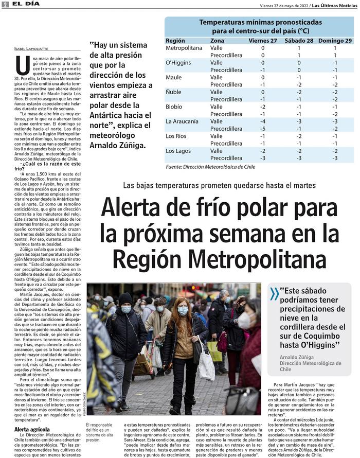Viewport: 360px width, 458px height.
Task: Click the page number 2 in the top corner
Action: point(5,4)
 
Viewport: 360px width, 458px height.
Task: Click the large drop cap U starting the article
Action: point(22,65)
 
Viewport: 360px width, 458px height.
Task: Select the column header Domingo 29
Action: point(335,40)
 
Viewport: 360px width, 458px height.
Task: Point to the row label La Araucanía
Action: point(183,121)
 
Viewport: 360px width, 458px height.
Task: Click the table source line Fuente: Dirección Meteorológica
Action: point(210,167)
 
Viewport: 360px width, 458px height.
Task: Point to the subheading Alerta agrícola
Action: point(32,429)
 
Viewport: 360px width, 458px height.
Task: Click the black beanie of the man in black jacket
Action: point(125,298)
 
